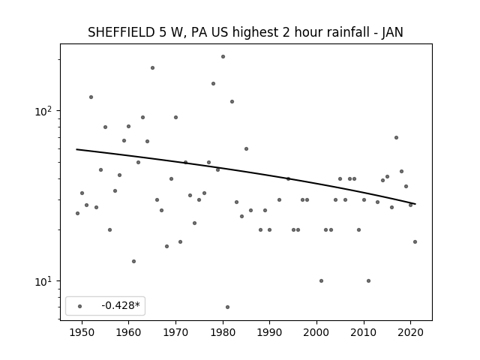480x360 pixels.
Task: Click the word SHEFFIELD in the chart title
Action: [x=121, y=32]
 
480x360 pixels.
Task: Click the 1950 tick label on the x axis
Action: [x=82, y=332]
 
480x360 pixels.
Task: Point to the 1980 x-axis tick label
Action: [x=223, y=332]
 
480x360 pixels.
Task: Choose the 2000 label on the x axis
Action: [x=316, y=332]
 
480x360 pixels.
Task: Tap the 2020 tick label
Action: [x=411, y=332]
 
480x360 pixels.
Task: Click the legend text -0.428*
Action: [x=121, y=305]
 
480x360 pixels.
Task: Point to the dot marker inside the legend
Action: [x=80, y=306]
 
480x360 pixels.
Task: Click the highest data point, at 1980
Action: [x=223, y=57]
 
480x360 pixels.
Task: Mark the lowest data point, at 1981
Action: [x=227, y=307]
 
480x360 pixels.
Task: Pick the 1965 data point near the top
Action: [x=152, y=68]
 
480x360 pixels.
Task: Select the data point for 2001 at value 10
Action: [x=322, y=280]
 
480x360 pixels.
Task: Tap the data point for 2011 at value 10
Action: [x=368, y=280]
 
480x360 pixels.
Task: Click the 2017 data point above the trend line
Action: [x=397, y=138]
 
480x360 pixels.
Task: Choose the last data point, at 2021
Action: [x=415, y=241]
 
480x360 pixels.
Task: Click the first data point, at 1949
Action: [x=77, y=213]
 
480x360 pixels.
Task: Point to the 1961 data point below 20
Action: [x=133, y=262]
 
